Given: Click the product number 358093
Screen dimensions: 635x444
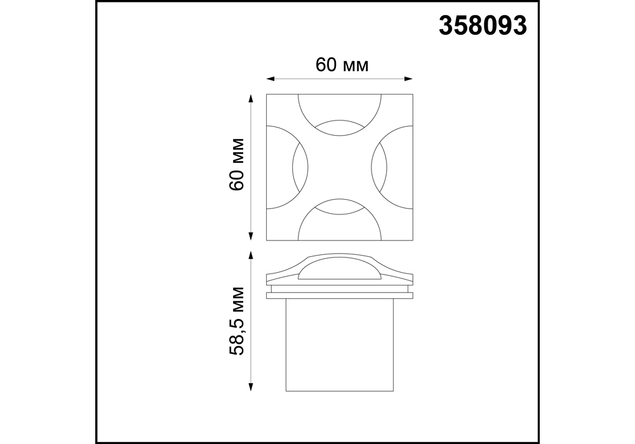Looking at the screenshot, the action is click(x=483, y=26).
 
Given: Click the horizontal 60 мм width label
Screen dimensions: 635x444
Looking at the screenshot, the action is click(x=342, y=65).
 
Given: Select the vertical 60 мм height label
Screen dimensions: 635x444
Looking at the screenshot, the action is click(x=237, y=164).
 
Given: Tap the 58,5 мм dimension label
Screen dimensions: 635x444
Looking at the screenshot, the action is click(x=237, y=321).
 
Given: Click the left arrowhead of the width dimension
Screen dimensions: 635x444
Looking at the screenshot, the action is click(x=271, y=79).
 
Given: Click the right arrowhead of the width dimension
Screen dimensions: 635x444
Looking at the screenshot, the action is click(x=408, y=79).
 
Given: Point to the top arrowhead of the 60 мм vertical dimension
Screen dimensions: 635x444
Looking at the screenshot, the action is click(x=251, y=99).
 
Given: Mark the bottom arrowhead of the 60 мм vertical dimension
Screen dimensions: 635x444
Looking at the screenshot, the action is click(x=251, y=236).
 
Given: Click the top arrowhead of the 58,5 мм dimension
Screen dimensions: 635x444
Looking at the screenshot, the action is click(x=251, y=255).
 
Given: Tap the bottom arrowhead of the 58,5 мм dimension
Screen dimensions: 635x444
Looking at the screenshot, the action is click(x=251, y=386).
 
